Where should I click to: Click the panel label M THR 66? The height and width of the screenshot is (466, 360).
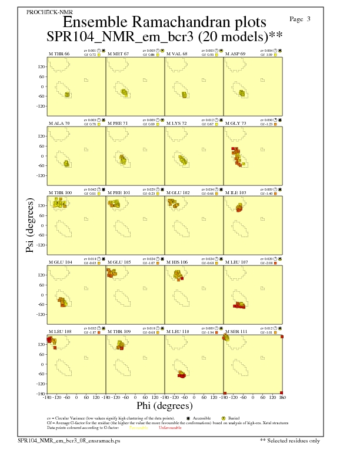pyautogui.click(x=59, y=54)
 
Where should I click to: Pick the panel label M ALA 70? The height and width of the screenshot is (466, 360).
pyautogui.click(x=59, y=124)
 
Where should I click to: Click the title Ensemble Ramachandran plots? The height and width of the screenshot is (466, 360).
pyautogui.click(x=164, y=22)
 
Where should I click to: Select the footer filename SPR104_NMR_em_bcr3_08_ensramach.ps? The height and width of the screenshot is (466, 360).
pyautogui.click(x=69, y=440)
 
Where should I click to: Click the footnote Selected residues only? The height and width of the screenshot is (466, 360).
pyautogui.click(x=294, y=440)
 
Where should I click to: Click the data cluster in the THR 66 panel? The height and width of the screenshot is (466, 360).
pyautogui.click(x=67, y=94)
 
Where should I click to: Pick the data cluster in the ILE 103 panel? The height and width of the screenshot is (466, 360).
pyautogui.click(x=239, y=207)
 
